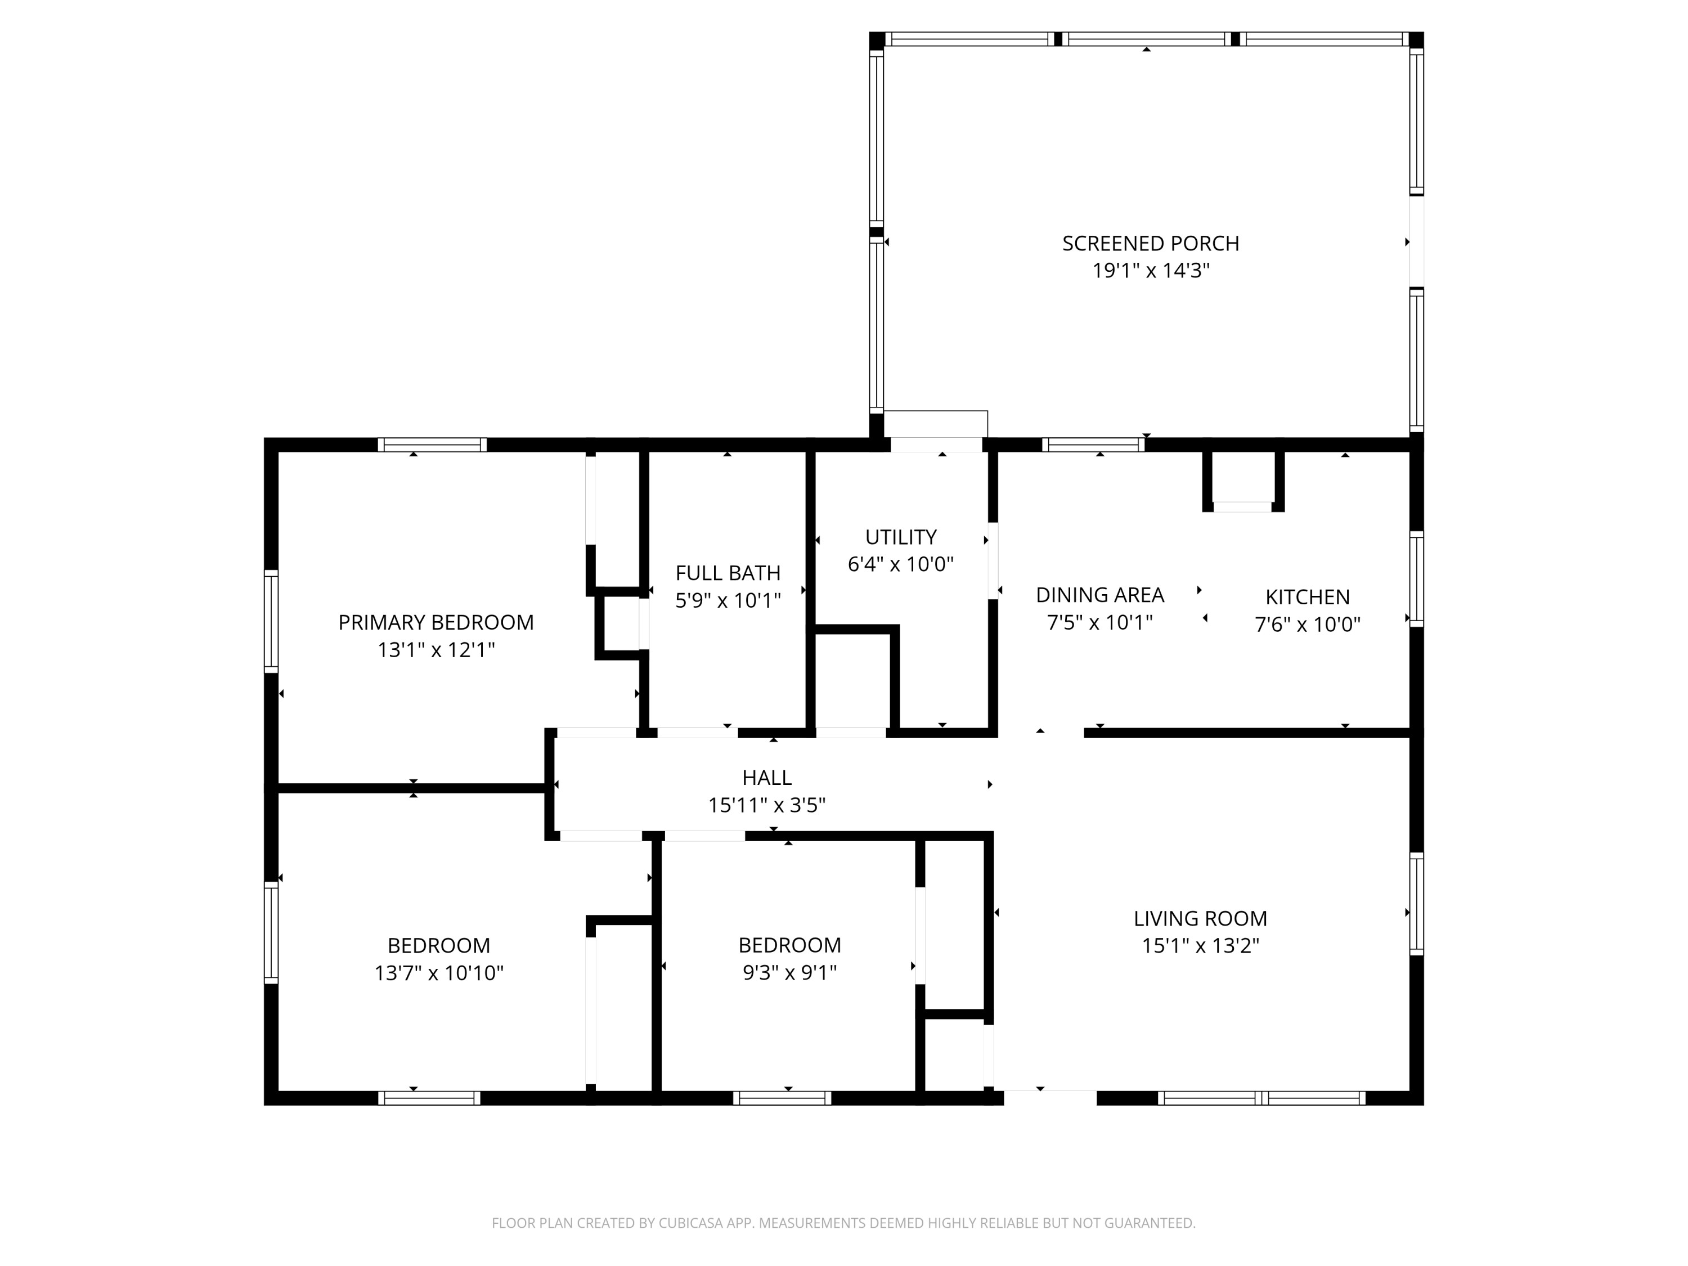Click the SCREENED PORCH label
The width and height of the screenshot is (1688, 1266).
pyautogui.click(x=1150, y=244)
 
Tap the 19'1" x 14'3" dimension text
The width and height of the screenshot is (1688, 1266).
pyautogui.click(x=1150, y=271)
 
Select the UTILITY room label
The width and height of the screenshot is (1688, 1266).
pyautogui.click(x=900, y=537)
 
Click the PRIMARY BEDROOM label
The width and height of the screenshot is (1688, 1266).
pyautogui.click(x=436, y=623)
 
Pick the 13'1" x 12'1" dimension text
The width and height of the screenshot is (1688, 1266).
pyautogui.click(x=436, y=650)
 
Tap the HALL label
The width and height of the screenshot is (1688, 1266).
pyautogui.click(x=766, y=778)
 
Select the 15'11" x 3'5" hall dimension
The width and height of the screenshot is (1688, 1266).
pyautogui.click(x=766, y=805)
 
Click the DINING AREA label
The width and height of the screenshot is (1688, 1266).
pyautogui.click(x=1099, y=595)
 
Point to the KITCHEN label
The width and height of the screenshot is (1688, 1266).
pyautogui.click(x=1307, y=597)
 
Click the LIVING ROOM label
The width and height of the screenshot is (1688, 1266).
pyautogui.click(x=1200, y=919)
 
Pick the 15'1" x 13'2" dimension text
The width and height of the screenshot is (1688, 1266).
pyautogui.click(x=1200, y=946)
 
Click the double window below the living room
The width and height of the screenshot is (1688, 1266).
pyautogui.click(x=1261, y=1098)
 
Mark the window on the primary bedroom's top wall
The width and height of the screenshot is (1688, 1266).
pyautogui.click(x=432, y=445)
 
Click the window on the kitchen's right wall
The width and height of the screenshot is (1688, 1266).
pyautogui.click(x=1416, y=579)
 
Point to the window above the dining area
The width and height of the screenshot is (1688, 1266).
pyautogui.click(x=1093, y=445)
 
